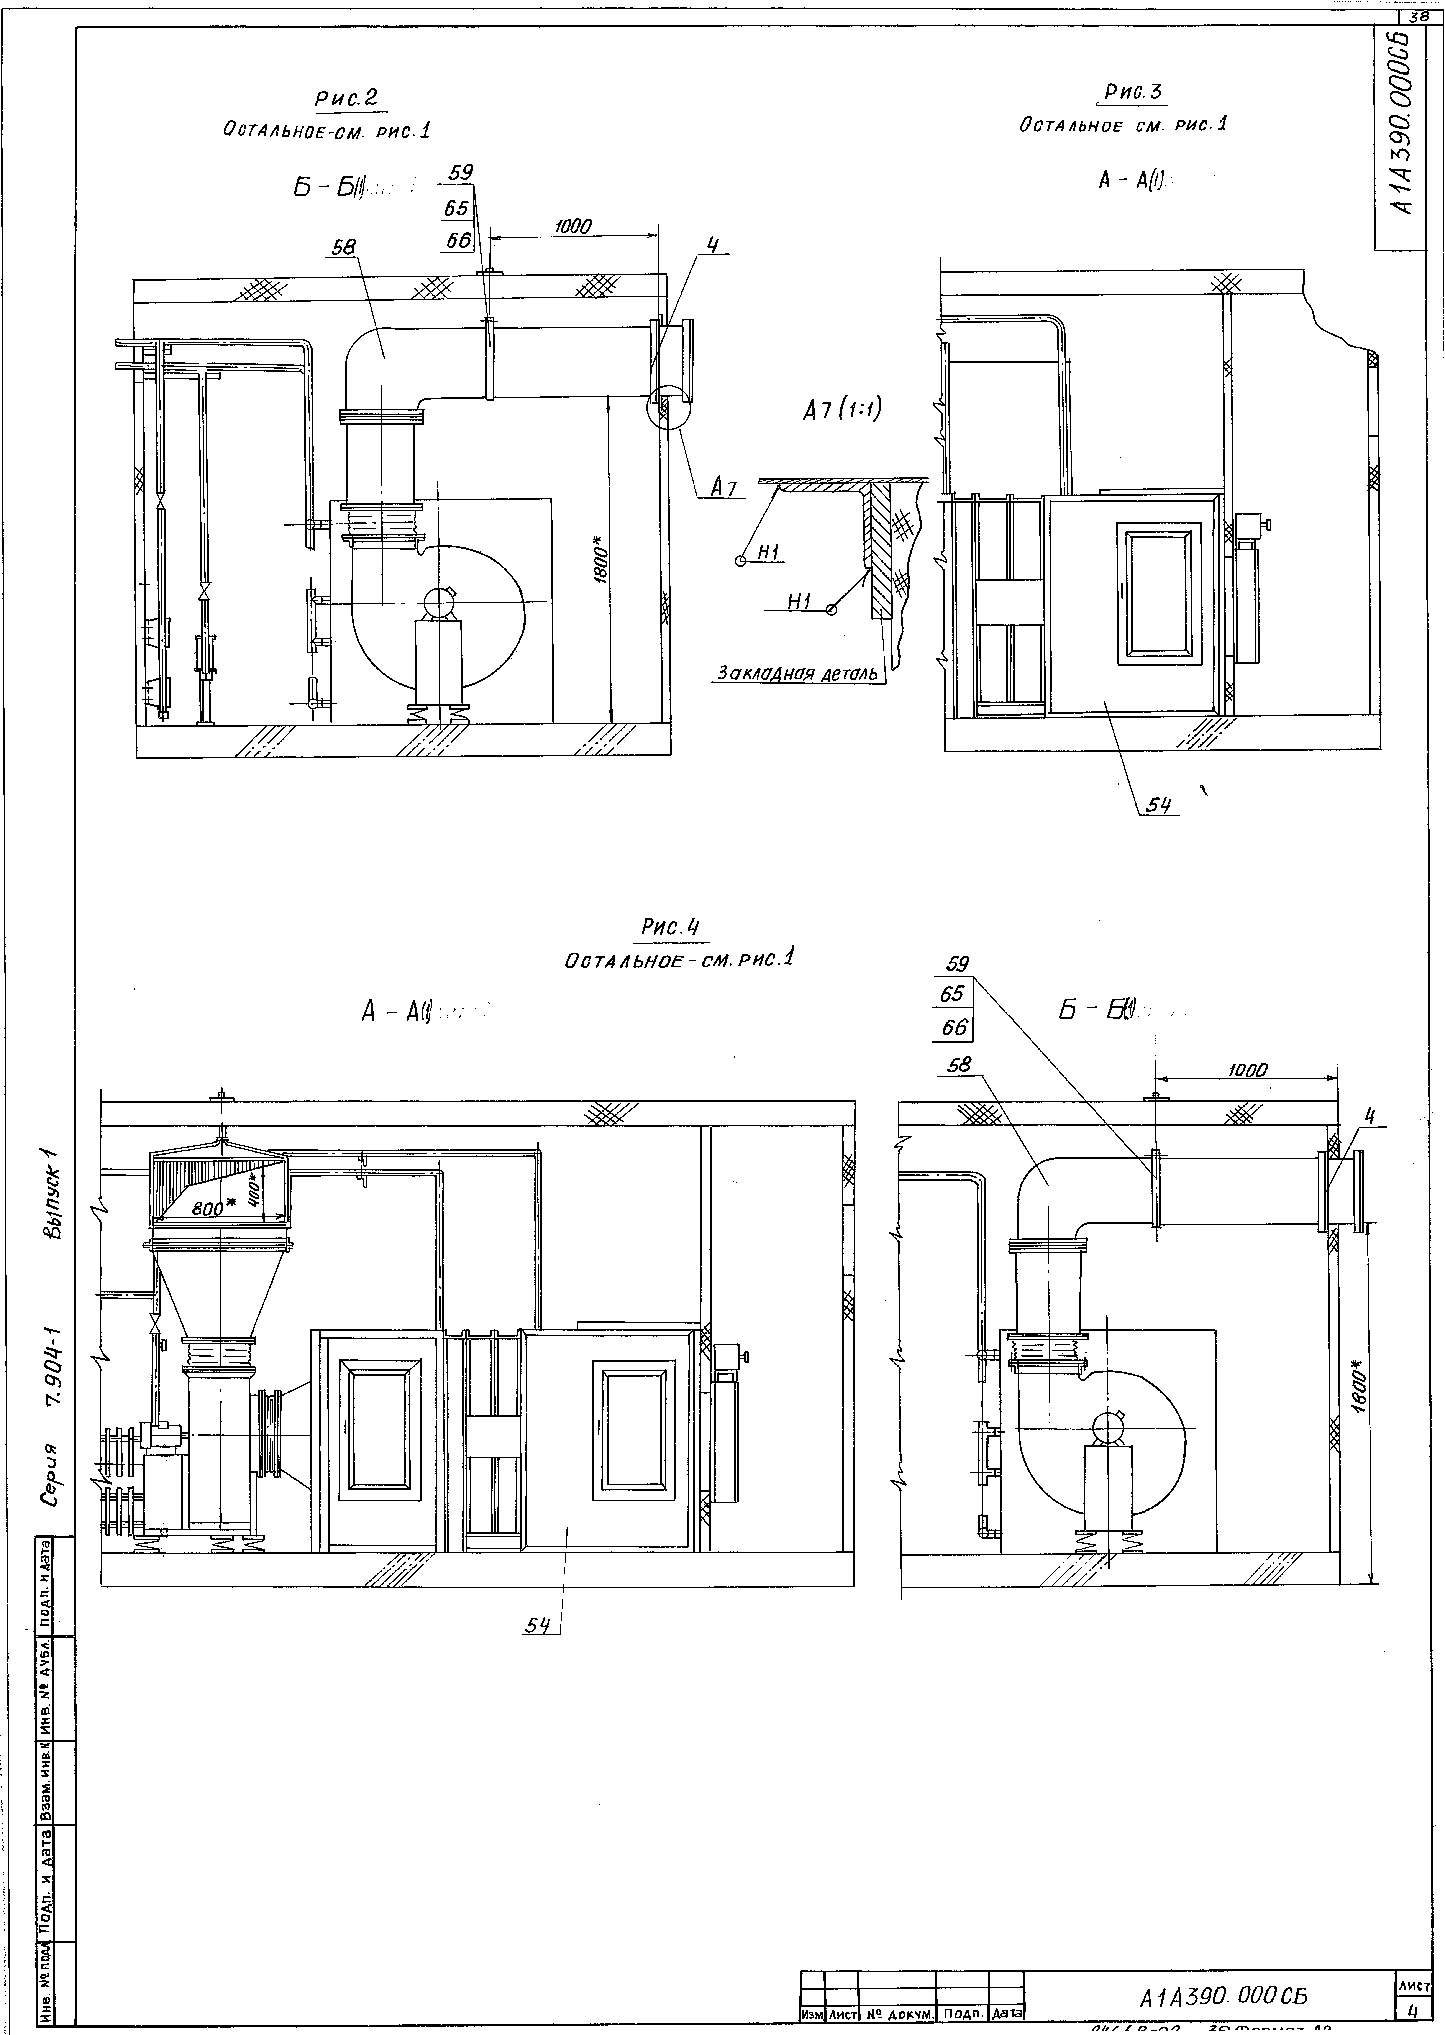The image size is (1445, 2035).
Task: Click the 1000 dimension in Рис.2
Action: click(572, 227)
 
